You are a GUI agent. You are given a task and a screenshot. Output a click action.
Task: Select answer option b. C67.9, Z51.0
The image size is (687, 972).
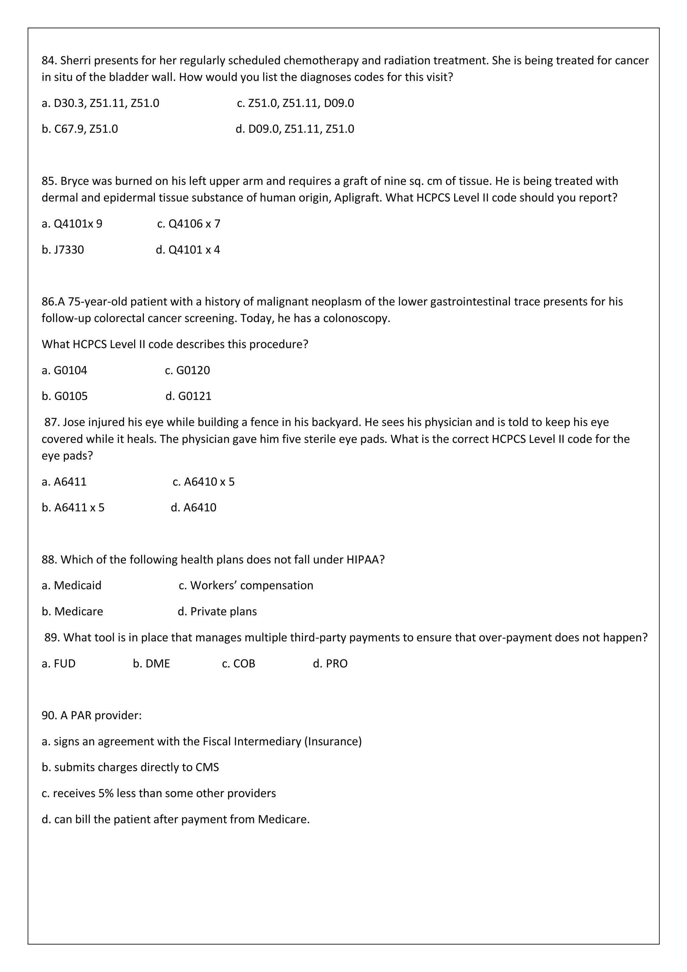[x=80, y=129]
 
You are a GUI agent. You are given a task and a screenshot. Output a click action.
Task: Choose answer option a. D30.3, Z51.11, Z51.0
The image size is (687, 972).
[x=100, y=103]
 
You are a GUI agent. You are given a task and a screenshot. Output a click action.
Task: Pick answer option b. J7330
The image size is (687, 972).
[x=63, y=250]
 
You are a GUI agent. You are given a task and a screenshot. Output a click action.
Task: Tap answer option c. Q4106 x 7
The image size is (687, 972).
[x=189, y=224]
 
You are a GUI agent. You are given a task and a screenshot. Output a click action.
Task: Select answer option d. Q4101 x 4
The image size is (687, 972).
[x=188, y=250]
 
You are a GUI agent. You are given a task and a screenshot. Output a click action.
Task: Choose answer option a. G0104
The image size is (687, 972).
[x=64, y=370]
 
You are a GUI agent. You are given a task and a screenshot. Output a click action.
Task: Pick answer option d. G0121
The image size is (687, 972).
[x=189, y=396]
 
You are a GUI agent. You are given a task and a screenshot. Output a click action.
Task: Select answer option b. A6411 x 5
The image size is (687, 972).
[x=73, y=508]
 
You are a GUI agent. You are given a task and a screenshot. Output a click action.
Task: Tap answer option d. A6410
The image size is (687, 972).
[x=194, y=508]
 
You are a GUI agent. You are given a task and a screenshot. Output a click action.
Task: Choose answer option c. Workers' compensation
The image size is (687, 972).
[x=246, y=585]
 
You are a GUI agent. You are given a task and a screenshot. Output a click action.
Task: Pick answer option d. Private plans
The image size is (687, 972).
[x=217, y=612]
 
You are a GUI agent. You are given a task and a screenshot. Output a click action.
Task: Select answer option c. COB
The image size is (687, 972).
[x=239, y=663]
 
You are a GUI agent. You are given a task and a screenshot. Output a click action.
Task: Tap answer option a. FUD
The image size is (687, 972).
[x=58, y=663]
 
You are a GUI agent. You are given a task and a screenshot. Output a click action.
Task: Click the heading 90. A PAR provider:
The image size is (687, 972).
[x=92, y=715]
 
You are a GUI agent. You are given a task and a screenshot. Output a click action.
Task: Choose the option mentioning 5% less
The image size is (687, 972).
[x=159, y=794]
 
